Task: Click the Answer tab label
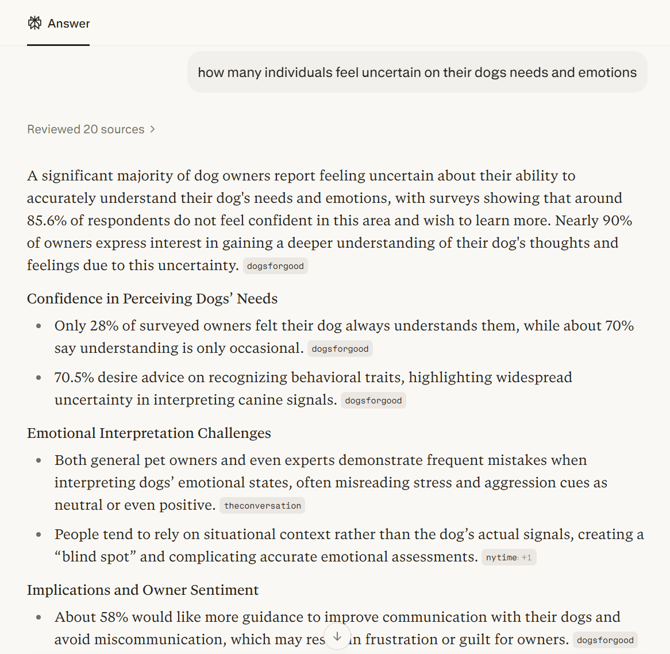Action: (68, 24)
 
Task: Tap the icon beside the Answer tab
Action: (35, 23)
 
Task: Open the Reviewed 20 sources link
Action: (86, 129)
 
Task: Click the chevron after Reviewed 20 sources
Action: (152, 129)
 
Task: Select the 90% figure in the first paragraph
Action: (618, 221)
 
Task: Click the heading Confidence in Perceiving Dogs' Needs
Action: (152, 299)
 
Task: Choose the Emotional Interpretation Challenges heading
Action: (149, 433)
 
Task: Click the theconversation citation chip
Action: (263, 506)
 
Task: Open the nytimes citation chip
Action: (502, 557)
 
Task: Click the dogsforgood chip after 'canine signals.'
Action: (373, 401)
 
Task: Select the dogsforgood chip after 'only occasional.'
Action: (340, 349)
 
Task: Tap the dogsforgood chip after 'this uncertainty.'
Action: (275, 266)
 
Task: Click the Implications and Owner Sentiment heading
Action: (143, 590)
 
